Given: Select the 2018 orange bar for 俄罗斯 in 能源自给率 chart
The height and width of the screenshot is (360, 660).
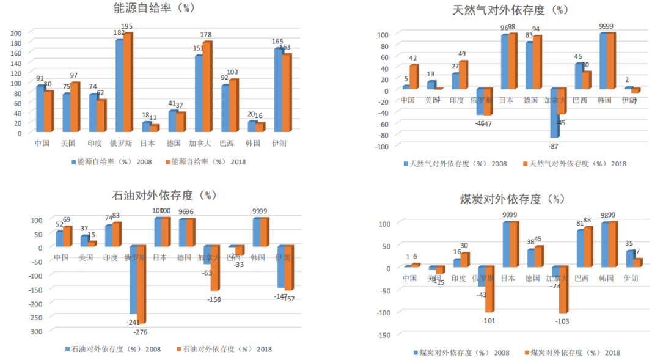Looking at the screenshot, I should pos(127,83).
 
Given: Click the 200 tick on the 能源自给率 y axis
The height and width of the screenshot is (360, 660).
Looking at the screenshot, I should pos(17,32).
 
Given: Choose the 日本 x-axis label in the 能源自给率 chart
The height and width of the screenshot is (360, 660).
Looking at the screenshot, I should pos(147,144).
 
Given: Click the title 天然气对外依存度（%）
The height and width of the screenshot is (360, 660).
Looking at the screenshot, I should pos(510,10).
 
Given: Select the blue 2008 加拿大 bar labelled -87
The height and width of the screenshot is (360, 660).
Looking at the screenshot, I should pos(554,113).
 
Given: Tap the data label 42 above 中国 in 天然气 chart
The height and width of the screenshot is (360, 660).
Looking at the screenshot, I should pos(413,59).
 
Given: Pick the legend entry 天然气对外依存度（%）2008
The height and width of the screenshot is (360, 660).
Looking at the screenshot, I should pos(455,164).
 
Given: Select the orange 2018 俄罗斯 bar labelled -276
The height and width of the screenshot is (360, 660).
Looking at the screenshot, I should pos(141,284).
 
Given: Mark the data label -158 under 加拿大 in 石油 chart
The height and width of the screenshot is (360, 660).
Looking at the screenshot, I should pos(215,299).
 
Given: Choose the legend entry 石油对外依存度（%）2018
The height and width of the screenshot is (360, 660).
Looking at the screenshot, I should pos(224,349).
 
